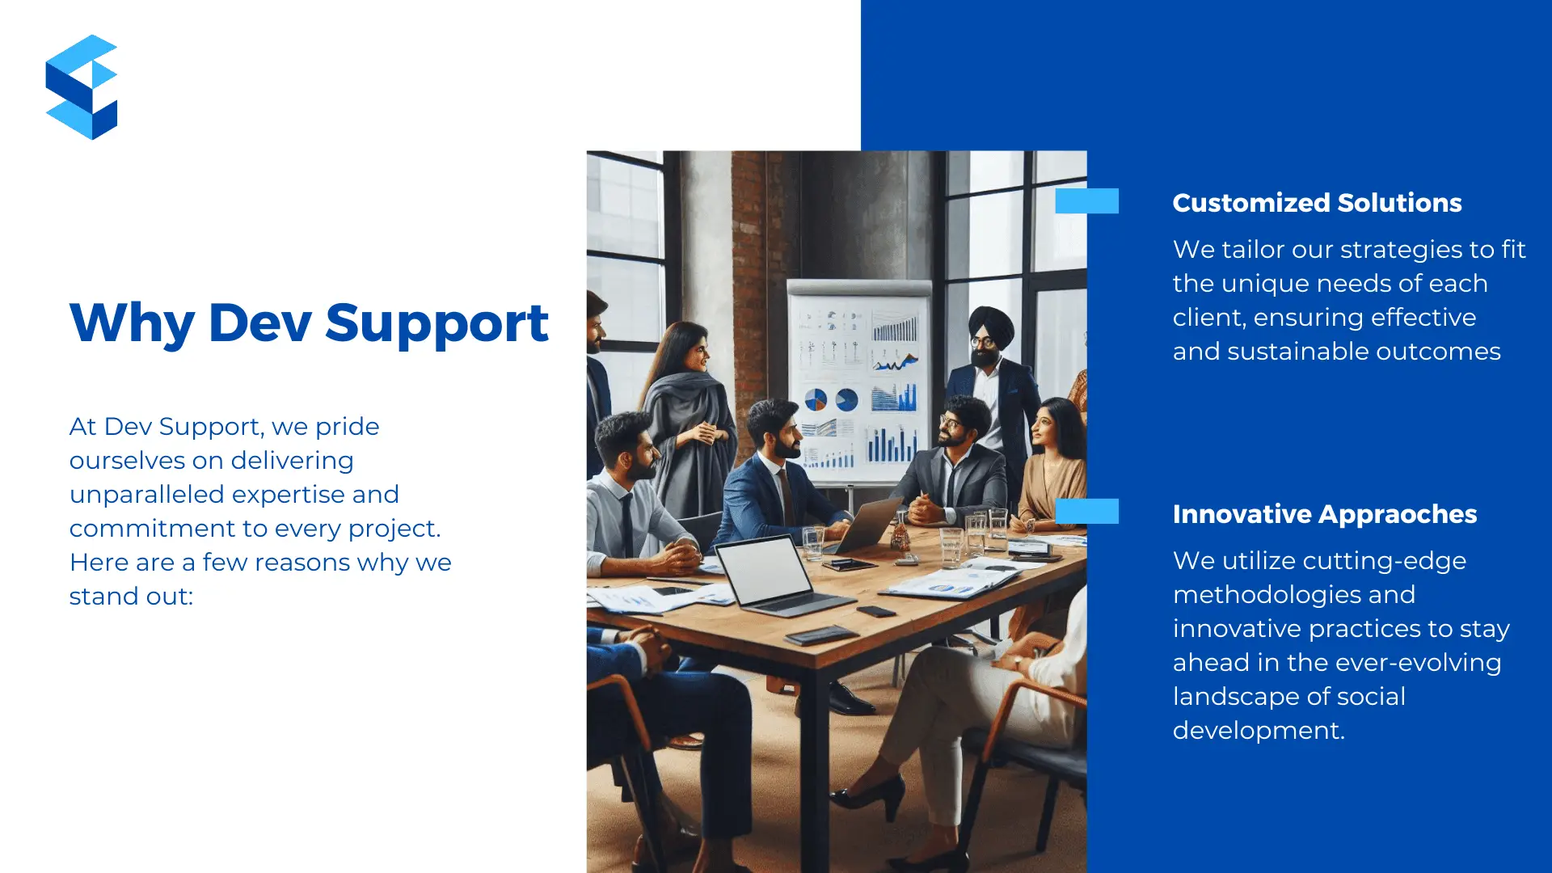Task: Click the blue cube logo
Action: tap(82, 86)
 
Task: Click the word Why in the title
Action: tap(132, 323)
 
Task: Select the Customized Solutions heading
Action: tap(1317, 203)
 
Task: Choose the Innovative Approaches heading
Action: tap(1325, 514)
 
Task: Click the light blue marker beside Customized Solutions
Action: tap(1087, 200)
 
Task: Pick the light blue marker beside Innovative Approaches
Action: tap(1087, 511)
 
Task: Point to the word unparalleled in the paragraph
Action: tap(147, 495)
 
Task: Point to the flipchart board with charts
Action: tap(858, 382)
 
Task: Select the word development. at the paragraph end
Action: tap(1259, 731)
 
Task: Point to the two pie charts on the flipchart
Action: tap(831, 399)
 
